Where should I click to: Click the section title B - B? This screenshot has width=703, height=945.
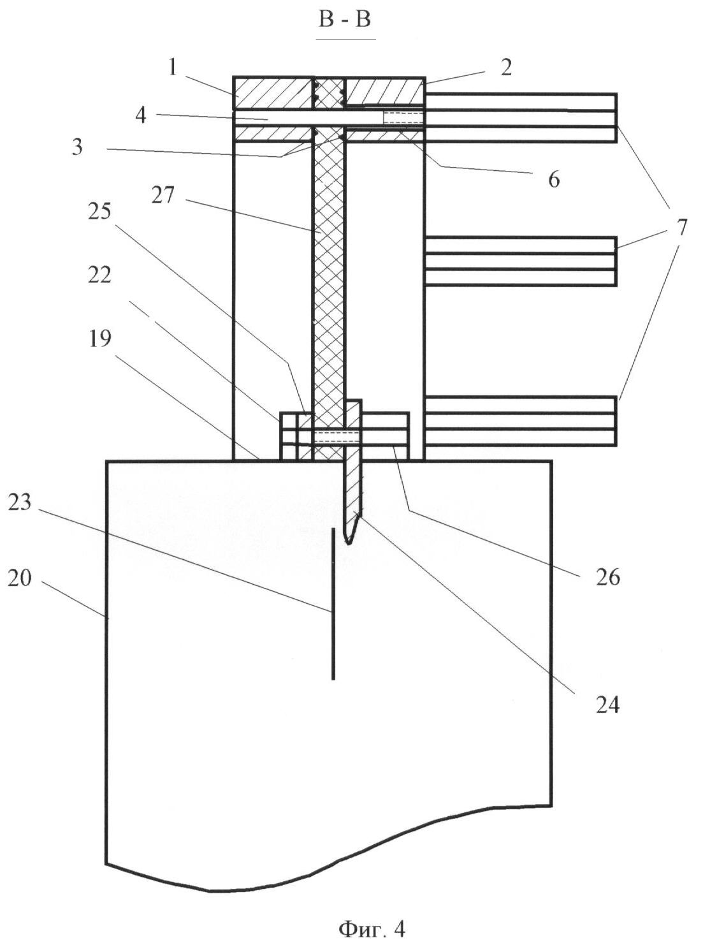345,20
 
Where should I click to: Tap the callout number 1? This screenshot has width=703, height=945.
171,66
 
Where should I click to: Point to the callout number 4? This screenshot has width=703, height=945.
141,115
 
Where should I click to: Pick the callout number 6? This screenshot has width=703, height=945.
553,179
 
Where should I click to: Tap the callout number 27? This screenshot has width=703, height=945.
163,194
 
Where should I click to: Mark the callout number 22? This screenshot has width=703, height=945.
99,275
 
